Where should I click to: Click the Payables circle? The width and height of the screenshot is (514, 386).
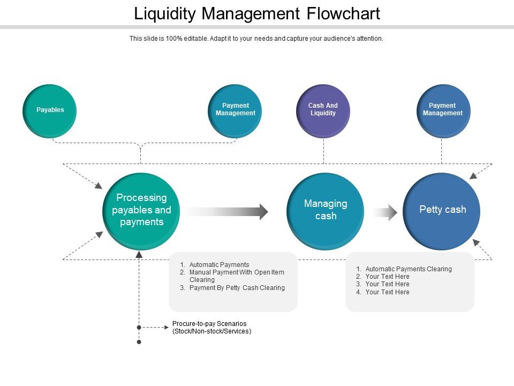(x=50, y=111)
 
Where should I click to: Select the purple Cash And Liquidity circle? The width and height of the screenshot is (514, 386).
(x=323, y=111)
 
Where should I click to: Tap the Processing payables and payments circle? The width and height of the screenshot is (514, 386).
(x=141, y=211)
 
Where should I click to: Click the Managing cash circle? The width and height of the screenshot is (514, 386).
(x=326, y=211)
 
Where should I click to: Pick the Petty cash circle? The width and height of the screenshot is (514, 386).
(x=442, y=211)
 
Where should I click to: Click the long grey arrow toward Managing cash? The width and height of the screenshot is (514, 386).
(x=228, y=211)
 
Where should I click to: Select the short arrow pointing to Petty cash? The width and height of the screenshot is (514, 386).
(x=385, y=212)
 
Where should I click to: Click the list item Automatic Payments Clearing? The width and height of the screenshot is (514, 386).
(x=409, y=269)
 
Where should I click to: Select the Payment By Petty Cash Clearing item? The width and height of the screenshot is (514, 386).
(x=237, y=288)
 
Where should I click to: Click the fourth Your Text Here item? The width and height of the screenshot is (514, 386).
(x=387, y=292)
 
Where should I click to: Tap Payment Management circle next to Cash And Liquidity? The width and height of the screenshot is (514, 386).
(x=235, y=111)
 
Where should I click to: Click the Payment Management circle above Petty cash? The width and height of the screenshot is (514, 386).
(x=443, y=111)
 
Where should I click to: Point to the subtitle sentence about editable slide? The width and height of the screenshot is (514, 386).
(x=256, y=39)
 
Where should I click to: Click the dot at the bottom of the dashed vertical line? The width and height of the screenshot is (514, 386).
(x=139, y=342)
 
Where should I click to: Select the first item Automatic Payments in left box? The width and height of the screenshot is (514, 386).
(x=219, y=265)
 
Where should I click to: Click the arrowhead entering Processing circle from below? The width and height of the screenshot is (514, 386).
(x=139, y=254)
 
